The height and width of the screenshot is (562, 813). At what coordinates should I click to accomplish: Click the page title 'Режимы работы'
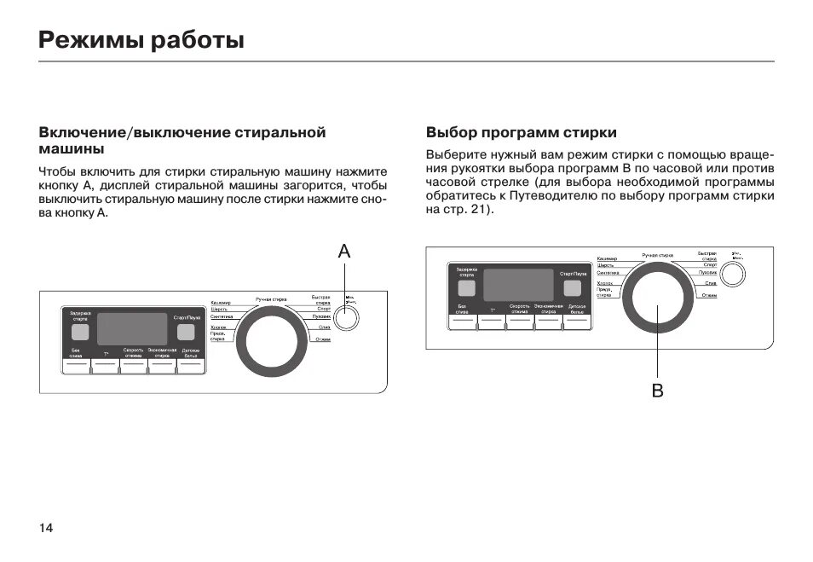click(x=142, y=40)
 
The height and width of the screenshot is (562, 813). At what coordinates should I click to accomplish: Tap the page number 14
click(x=45, y=528)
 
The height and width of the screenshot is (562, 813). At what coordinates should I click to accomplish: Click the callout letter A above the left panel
click(x=344, y=251)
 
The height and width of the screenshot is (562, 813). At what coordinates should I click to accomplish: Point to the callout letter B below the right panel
click(x=657, y=391)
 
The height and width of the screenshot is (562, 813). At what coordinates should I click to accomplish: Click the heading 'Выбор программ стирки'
click(x=521, y=133)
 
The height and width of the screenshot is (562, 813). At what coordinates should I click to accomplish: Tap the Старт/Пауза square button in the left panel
click(x=186, y=332)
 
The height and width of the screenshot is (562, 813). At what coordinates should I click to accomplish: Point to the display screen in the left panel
click(x=132, y=328)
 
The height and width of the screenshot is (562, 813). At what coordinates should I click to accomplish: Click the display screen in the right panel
click(x=518, y=285)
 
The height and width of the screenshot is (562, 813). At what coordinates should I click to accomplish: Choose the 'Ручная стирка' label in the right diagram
click(x=657, y=255)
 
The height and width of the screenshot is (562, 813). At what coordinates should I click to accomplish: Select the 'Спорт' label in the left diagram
click(x=324, y=308)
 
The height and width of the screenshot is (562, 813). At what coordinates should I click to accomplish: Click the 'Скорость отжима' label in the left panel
click(x=133, y=352)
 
